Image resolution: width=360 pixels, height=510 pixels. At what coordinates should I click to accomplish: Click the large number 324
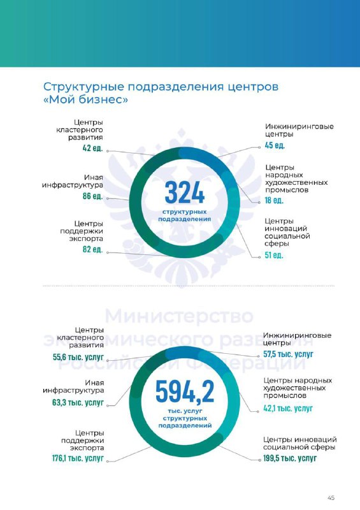pos(184,193)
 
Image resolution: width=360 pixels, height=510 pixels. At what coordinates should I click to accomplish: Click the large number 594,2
pos(185,391)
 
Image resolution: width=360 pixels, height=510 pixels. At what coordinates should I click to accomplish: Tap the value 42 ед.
pos(92,149)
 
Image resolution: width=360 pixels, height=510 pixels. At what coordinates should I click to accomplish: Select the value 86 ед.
pos(92,196)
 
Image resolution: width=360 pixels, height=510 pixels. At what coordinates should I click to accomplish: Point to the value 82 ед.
pos(92,249)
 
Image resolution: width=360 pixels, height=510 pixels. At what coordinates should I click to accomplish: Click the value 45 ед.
pos(275,145)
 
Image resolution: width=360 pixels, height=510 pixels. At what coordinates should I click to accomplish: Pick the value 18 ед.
pos(274,200)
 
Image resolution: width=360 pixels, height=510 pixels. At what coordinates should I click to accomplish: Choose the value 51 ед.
pos(274,255)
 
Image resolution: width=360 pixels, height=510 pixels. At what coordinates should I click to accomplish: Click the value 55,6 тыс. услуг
pos(78,357)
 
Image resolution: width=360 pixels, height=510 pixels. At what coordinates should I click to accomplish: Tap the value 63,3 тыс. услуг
pos(78,402)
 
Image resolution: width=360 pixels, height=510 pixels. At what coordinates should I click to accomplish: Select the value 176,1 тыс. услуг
pos(78,458)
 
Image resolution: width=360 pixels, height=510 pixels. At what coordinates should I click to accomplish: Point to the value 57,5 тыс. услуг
pos(288,354)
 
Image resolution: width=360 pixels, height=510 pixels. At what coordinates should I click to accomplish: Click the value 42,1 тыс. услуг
pos(288,408)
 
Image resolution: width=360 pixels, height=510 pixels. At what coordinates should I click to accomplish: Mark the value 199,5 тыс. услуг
pos(290,458)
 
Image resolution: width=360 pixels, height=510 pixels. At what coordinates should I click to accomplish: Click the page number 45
pos(331,498)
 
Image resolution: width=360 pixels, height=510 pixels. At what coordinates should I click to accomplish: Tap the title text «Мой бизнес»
pos(85,99)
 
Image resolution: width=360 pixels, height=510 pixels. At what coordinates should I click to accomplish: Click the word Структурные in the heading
pos(83,87)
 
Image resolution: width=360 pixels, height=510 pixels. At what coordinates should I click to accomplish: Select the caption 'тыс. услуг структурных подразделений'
pos(185,418)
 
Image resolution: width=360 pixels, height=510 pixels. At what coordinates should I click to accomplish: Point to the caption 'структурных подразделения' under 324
pos(184,215)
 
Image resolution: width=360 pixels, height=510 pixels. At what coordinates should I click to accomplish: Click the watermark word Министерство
pos(179,316)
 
